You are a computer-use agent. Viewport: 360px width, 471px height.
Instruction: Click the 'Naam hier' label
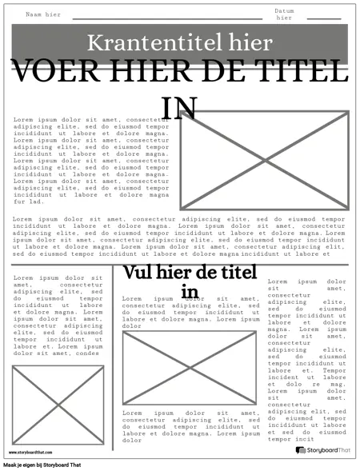point(43,15)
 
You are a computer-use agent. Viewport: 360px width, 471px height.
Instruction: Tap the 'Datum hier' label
point(285,14)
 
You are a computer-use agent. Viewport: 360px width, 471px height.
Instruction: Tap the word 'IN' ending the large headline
point(179,107)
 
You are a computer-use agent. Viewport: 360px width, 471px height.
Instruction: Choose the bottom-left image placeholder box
point(58,405)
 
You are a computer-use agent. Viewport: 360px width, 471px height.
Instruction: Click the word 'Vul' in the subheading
point(138,273)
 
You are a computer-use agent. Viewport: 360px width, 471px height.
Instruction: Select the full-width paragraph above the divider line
point(179,237)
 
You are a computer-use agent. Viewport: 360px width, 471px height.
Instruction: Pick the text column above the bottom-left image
point(58,316)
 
